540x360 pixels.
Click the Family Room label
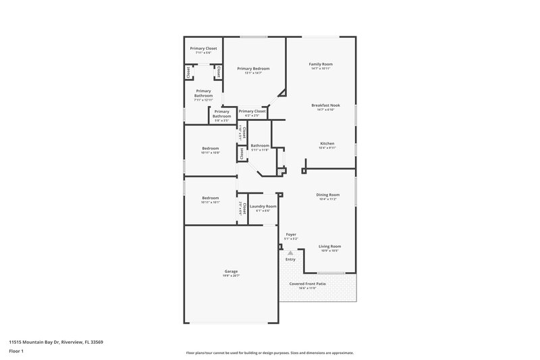pos(321,64)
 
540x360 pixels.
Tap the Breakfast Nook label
pos(325,105)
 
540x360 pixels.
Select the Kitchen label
pos(327,143)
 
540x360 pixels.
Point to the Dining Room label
pos(328,195)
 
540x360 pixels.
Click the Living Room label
pos(329,247)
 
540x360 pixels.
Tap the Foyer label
pos(291,234)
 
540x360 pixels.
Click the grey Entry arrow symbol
pos(290,253)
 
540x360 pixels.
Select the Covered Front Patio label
pos(308,284)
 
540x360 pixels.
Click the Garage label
pos(231,271)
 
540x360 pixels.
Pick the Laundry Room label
pos(263,206)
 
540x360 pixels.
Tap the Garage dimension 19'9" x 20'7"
pos(231,276)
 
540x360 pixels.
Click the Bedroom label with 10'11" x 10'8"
pos(210,149)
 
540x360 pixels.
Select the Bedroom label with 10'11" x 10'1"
pos(210,198)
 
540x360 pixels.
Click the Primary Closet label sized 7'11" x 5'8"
pos(203,49)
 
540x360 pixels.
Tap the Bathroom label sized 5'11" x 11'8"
pos(260,145)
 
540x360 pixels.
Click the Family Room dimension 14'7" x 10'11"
pos(321,69)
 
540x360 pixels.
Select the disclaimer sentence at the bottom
pos(270,353)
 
